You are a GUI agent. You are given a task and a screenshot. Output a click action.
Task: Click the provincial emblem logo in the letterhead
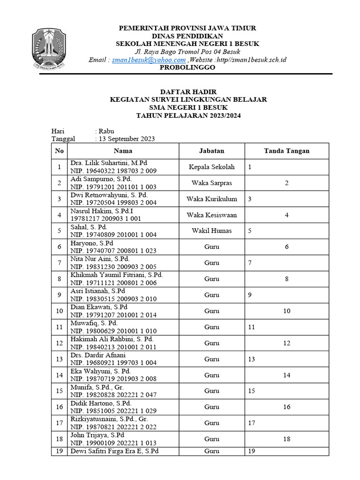coord(49,49)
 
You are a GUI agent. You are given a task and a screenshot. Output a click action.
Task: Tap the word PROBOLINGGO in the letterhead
coord(187,67)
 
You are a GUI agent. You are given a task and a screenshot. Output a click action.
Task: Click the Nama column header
coord(123,151)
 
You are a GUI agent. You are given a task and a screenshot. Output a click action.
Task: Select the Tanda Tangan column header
coord(286,151)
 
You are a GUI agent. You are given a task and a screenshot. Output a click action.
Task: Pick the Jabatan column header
coord(211,151)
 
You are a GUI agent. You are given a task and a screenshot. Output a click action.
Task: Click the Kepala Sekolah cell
coord(211,167)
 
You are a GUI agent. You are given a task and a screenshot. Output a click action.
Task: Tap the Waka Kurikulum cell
coord(211,199)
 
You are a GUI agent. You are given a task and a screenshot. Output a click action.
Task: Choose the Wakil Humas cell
coord(211,231)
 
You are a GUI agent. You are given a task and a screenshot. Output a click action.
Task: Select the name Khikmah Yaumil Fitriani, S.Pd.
coord(116,275)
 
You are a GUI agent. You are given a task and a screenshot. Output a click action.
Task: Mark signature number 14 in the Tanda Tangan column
coord(286,375)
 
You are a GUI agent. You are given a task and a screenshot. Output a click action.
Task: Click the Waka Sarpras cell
coord(211,183)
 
